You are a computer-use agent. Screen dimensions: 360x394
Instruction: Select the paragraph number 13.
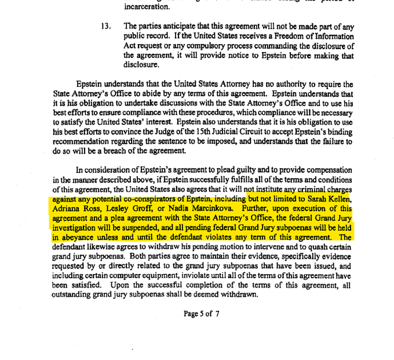tap(105, 27)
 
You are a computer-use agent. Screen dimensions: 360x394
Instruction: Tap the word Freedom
tap(301, 37)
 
